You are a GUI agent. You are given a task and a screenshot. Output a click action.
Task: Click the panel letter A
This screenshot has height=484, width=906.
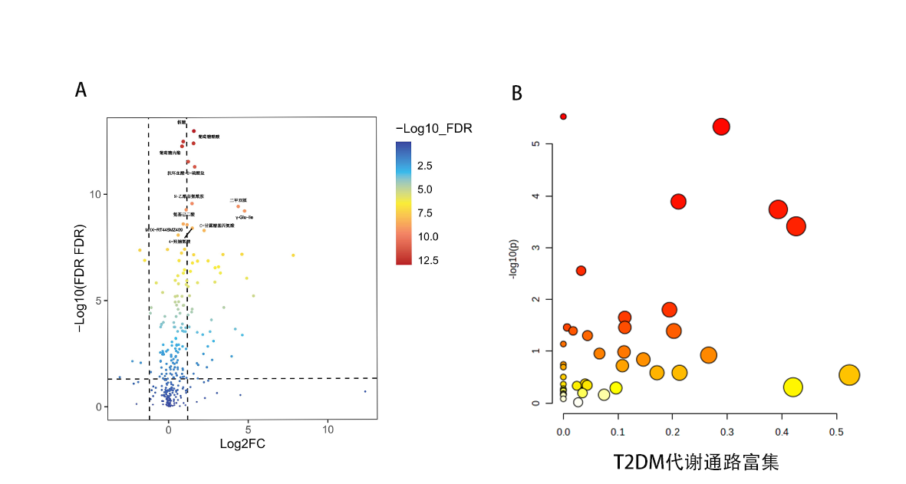81,90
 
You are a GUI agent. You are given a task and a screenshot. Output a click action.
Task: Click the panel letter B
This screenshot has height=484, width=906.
517,93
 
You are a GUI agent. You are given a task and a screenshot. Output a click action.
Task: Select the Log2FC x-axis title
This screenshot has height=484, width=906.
242,443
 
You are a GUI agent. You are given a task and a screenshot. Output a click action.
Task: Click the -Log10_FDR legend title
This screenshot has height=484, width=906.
433,129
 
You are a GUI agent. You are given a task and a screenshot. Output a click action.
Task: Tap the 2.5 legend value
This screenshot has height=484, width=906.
424,166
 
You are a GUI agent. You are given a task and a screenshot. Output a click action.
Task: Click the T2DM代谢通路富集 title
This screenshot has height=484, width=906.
696,463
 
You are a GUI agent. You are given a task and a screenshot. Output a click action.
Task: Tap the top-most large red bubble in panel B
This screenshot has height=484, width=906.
721,127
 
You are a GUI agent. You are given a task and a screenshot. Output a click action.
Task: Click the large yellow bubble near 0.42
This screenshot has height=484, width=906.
792,387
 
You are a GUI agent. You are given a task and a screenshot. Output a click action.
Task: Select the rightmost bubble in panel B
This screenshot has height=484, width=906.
848,375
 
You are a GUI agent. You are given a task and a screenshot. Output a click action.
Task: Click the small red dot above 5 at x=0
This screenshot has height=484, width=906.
563,117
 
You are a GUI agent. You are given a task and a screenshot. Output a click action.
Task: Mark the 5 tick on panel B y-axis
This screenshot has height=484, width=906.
539,143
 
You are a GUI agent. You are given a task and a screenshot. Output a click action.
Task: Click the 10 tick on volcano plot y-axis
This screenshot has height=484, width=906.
96,195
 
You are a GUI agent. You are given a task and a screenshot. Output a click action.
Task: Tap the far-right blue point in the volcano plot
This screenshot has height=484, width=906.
365,391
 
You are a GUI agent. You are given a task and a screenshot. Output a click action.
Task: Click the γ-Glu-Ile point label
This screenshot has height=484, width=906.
245,218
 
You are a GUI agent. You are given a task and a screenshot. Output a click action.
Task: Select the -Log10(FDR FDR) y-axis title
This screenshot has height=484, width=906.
79,278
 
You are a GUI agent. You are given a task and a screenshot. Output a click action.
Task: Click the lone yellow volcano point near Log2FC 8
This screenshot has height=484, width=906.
293,255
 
